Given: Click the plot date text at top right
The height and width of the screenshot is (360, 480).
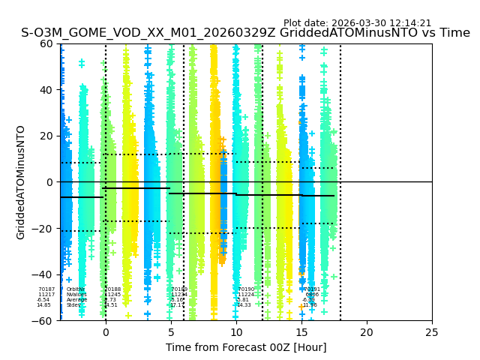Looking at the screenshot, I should point(357,23).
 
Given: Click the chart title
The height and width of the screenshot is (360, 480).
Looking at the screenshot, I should point(245,33).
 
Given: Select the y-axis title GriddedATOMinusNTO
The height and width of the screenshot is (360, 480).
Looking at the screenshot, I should point(21,182).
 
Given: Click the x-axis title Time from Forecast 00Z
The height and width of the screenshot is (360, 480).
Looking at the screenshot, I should point(246,347).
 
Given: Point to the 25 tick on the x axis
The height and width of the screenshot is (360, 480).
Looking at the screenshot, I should point(432,331).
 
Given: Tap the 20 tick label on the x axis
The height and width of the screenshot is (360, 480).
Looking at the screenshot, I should point(367,331).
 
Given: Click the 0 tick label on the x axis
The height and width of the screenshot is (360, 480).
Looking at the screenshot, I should point(106,331).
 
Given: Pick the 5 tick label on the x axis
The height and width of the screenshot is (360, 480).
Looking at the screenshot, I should point(171,331).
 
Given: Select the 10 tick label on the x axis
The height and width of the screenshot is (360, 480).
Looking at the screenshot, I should point(236,331).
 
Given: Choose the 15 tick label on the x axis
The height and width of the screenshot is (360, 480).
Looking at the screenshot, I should point(301,331).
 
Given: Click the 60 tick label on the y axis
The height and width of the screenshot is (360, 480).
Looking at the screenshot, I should point(46,43).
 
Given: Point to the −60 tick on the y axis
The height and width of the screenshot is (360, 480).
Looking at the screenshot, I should point(43,320).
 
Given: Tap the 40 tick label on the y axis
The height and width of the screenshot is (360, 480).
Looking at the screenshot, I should point(46,90).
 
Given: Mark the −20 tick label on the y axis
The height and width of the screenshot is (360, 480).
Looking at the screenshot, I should point(43,229).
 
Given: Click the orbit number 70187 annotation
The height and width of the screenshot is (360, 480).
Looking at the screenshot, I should point(46,289).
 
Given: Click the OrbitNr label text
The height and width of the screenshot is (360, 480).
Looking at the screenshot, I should point(76,289).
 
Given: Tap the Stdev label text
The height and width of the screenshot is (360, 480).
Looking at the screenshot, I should point(73,305).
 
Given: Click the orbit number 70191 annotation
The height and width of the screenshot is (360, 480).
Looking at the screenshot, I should point(312,289).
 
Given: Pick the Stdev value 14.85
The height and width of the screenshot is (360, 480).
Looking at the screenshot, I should point(44,305).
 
